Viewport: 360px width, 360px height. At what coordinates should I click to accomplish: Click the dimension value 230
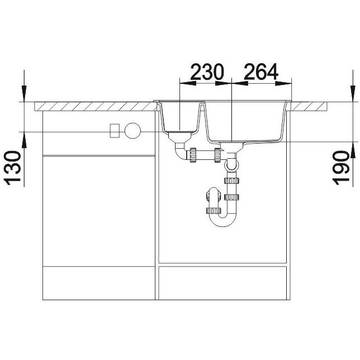207,72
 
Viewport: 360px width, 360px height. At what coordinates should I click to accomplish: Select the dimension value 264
261,72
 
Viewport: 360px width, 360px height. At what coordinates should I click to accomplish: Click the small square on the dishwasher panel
115,131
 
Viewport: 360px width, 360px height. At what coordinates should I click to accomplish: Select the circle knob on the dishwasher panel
132,131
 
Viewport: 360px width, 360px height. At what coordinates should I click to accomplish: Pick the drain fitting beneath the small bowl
180,137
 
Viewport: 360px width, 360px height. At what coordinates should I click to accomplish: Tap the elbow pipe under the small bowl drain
181,151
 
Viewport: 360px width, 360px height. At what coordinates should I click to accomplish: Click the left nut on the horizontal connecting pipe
193,155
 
